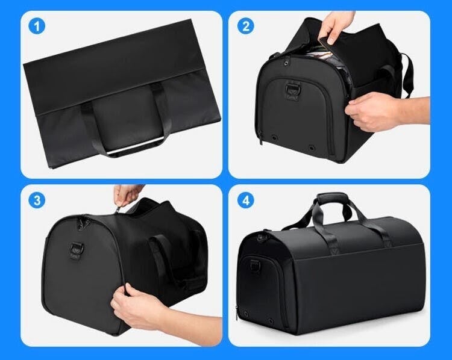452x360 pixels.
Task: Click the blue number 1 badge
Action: pos(37,26)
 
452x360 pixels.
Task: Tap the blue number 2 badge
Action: pos(246,26)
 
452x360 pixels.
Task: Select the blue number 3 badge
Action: pos(37,200)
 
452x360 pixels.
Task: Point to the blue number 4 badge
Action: pos(246,200)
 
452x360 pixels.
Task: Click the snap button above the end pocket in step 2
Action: pos(287,61)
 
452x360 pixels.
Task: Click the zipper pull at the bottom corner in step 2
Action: pos(260,138)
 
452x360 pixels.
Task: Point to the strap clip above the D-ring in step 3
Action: pos(81,222)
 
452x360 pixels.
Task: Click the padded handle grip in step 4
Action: pos(333,199)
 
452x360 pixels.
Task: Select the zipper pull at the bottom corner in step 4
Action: pos(237,313)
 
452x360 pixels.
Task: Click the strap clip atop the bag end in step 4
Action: pos(262,237)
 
